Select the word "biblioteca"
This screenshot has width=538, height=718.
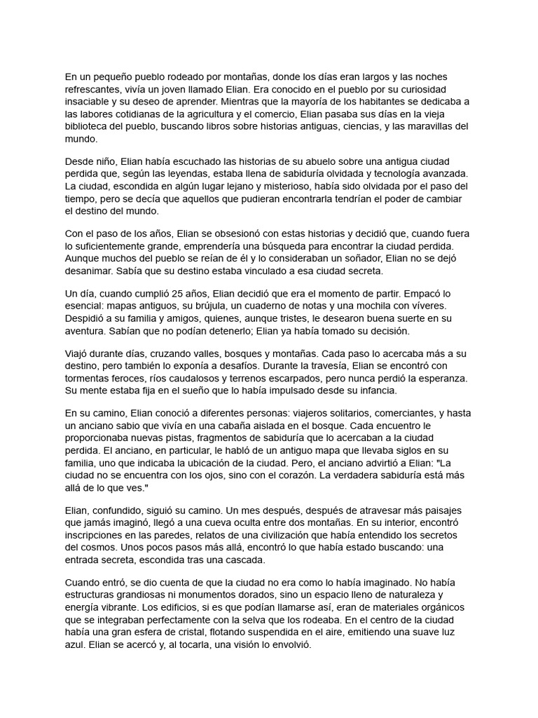coord(90,127)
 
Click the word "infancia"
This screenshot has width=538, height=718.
coord(375,391)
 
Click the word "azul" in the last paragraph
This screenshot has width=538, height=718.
coord(76,646)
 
